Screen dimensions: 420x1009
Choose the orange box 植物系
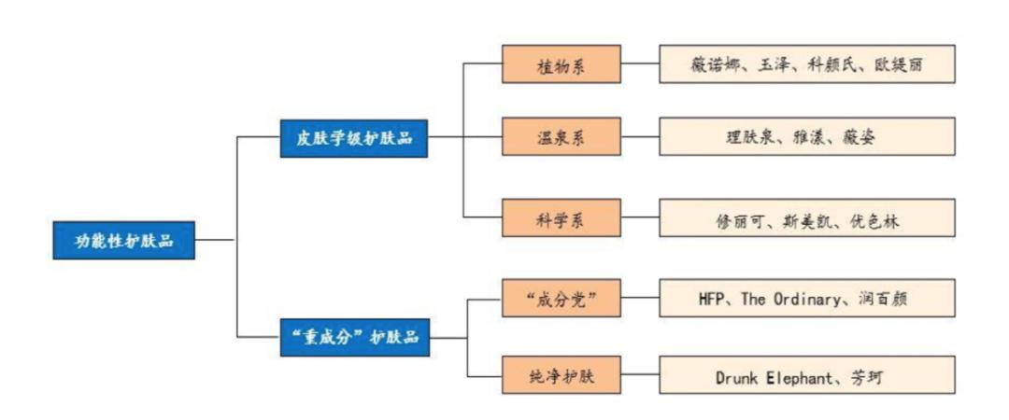click(561, 64)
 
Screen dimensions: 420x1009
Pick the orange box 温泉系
click(561, 137)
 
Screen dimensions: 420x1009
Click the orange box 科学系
click(561, 219)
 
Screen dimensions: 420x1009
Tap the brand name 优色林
click(877, 220)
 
